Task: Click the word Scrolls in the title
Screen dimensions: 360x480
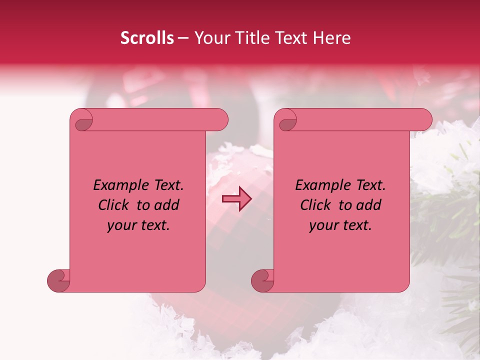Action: pyautogui.click(x=147, y=38)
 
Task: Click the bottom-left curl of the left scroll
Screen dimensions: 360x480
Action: pyautogui.click(x=59, y=280)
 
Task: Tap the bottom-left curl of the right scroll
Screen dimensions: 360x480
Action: pyautogui.click(x=263, y=280)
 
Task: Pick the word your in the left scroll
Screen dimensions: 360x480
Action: pyautogui.click(x=119, y=225)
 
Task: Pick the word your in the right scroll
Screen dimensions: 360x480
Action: pyautogui.click(x=321, y=225)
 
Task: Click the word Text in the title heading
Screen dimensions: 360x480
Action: pyautogui.click(x=294, y=38)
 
